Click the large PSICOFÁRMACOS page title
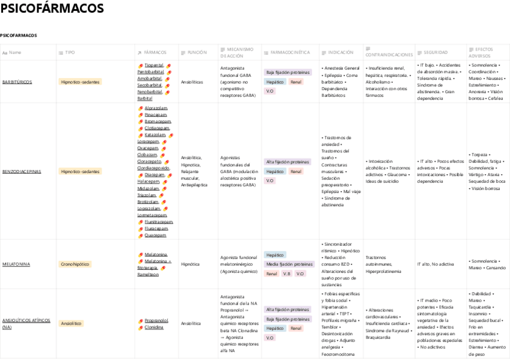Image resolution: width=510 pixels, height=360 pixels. (52, 9)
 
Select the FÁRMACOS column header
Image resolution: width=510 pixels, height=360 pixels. (155, 53)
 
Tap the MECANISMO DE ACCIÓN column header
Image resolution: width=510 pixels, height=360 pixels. (239, 52)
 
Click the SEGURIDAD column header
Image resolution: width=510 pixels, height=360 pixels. (435, 53)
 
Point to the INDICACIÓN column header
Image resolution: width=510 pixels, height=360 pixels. (341, 53)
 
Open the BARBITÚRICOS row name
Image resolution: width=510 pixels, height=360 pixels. (17, 82)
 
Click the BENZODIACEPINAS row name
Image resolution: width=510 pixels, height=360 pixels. (22, 171)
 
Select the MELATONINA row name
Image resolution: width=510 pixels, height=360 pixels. (16, 264)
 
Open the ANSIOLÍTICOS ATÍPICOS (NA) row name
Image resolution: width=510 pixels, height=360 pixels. (26, 323)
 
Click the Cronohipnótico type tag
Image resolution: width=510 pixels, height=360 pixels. (75, 264)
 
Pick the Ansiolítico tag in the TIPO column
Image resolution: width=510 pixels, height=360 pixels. (71, 323)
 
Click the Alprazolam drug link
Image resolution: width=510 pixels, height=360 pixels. (156, 108)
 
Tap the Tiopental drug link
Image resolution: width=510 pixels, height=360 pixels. (154, 65)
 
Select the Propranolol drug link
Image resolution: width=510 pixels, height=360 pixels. (156, 320)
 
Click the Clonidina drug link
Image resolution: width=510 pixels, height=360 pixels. (154, 327)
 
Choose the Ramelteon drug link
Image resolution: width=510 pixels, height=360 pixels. (148, 274)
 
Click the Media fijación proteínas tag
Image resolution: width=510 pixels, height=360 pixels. (289, 264)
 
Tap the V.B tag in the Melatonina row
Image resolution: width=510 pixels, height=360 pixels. (287, 273)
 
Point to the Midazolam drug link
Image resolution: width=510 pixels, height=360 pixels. (148, 188)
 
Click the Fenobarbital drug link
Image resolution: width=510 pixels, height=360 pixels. (150, 91)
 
